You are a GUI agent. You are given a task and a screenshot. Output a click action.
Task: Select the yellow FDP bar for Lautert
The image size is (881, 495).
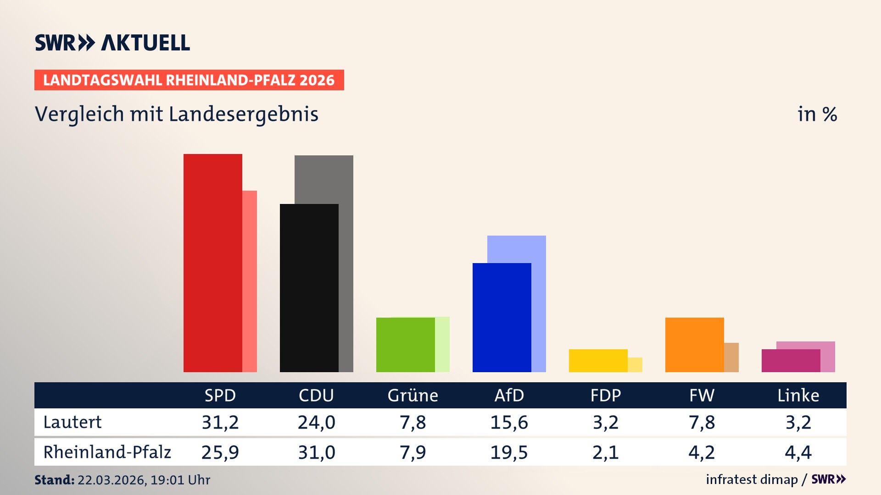coord(598,360)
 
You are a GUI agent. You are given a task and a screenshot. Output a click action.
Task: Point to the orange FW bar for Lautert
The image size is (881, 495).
coord(695,345)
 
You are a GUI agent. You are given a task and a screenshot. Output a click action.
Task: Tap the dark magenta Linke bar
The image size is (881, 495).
coord(791,360)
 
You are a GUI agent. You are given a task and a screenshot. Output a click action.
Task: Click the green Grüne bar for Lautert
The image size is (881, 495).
coord(406,345)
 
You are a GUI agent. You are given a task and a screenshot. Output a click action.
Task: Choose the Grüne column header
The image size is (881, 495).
coord(413,395)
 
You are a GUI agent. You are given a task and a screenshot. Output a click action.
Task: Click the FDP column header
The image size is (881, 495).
coord(605,395)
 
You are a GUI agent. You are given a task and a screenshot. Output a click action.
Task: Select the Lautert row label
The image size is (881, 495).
coord(72,422)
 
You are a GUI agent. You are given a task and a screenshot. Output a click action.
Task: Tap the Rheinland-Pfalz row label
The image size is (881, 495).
coord(107,452)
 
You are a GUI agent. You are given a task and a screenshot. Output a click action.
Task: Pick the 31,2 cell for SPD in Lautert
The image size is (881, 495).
coord(220,422)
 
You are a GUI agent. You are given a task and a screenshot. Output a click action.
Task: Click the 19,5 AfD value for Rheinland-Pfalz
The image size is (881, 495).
coord(509,452)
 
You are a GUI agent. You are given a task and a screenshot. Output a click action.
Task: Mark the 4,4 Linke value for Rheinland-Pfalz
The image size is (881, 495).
coord(798,452)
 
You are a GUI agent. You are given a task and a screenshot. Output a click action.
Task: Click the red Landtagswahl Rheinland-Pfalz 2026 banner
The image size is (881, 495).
coord(189,80)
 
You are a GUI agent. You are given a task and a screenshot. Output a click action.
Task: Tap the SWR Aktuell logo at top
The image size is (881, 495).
coord(112,43)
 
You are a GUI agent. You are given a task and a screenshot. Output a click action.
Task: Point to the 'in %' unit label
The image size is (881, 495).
coord(817,114)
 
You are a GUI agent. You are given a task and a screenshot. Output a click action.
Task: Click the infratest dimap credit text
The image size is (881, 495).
coord(752,479)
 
